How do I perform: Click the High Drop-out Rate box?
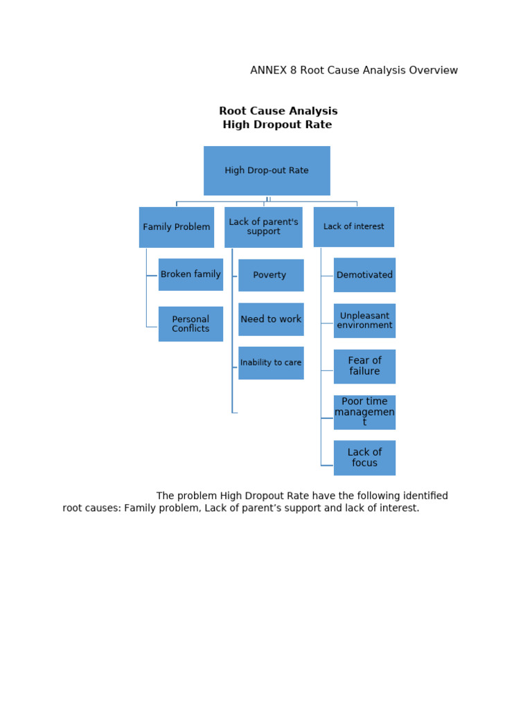pyautogui.click(x=267, y=170)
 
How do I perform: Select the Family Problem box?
pyautogui.click(x=177, y=227)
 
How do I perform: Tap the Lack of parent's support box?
pyautogui.click(x=263, y=227)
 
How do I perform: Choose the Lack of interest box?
pyautogui.click(x=354, y=227)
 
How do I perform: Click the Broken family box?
pyautogui.click(x=190, y=275)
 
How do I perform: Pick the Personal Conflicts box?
pyautogui.click(x=190, y=324)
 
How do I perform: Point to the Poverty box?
pyautogui.click(x=271, y=276)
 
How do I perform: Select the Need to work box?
pyautogui.click(x=271, y=319)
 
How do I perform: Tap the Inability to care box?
pyautogui.click(x=271, y=363)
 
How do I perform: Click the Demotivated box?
pyautogui.click(x=364, y=276)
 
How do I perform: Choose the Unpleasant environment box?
pyautogui.click(x=364, y=321)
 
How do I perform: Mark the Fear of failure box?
pyautogui.click(x=364, y=366)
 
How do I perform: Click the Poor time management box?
pyautogui.click(x=364, y=412)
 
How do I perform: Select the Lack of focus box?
pyautogui.click(x=364, y=458)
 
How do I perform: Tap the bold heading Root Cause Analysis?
pyautogui.click(x=278, y=111)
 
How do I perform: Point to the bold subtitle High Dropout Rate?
pyautogui.click(x=277, y=125)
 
